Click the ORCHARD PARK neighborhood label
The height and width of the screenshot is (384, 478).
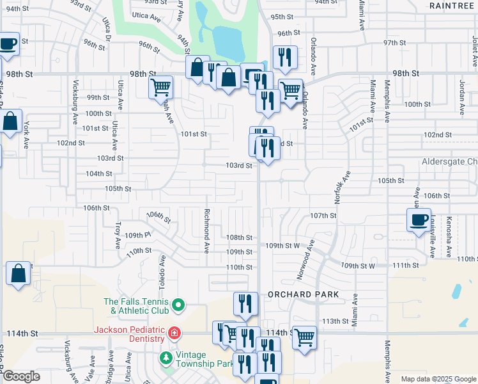click(303, 294)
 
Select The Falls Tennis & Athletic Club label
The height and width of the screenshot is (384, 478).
click(137, 307)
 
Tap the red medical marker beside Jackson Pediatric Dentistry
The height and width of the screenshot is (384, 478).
click(174, 333)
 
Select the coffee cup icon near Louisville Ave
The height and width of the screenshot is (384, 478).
click(419, 220)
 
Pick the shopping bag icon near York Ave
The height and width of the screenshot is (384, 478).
click(10, 121)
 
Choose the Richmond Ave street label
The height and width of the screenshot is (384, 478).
click(207, 223)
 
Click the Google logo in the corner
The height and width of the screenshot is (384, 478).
click(20, 376)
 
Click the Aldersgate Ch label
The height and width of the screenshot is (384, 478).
click(449, 163)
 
